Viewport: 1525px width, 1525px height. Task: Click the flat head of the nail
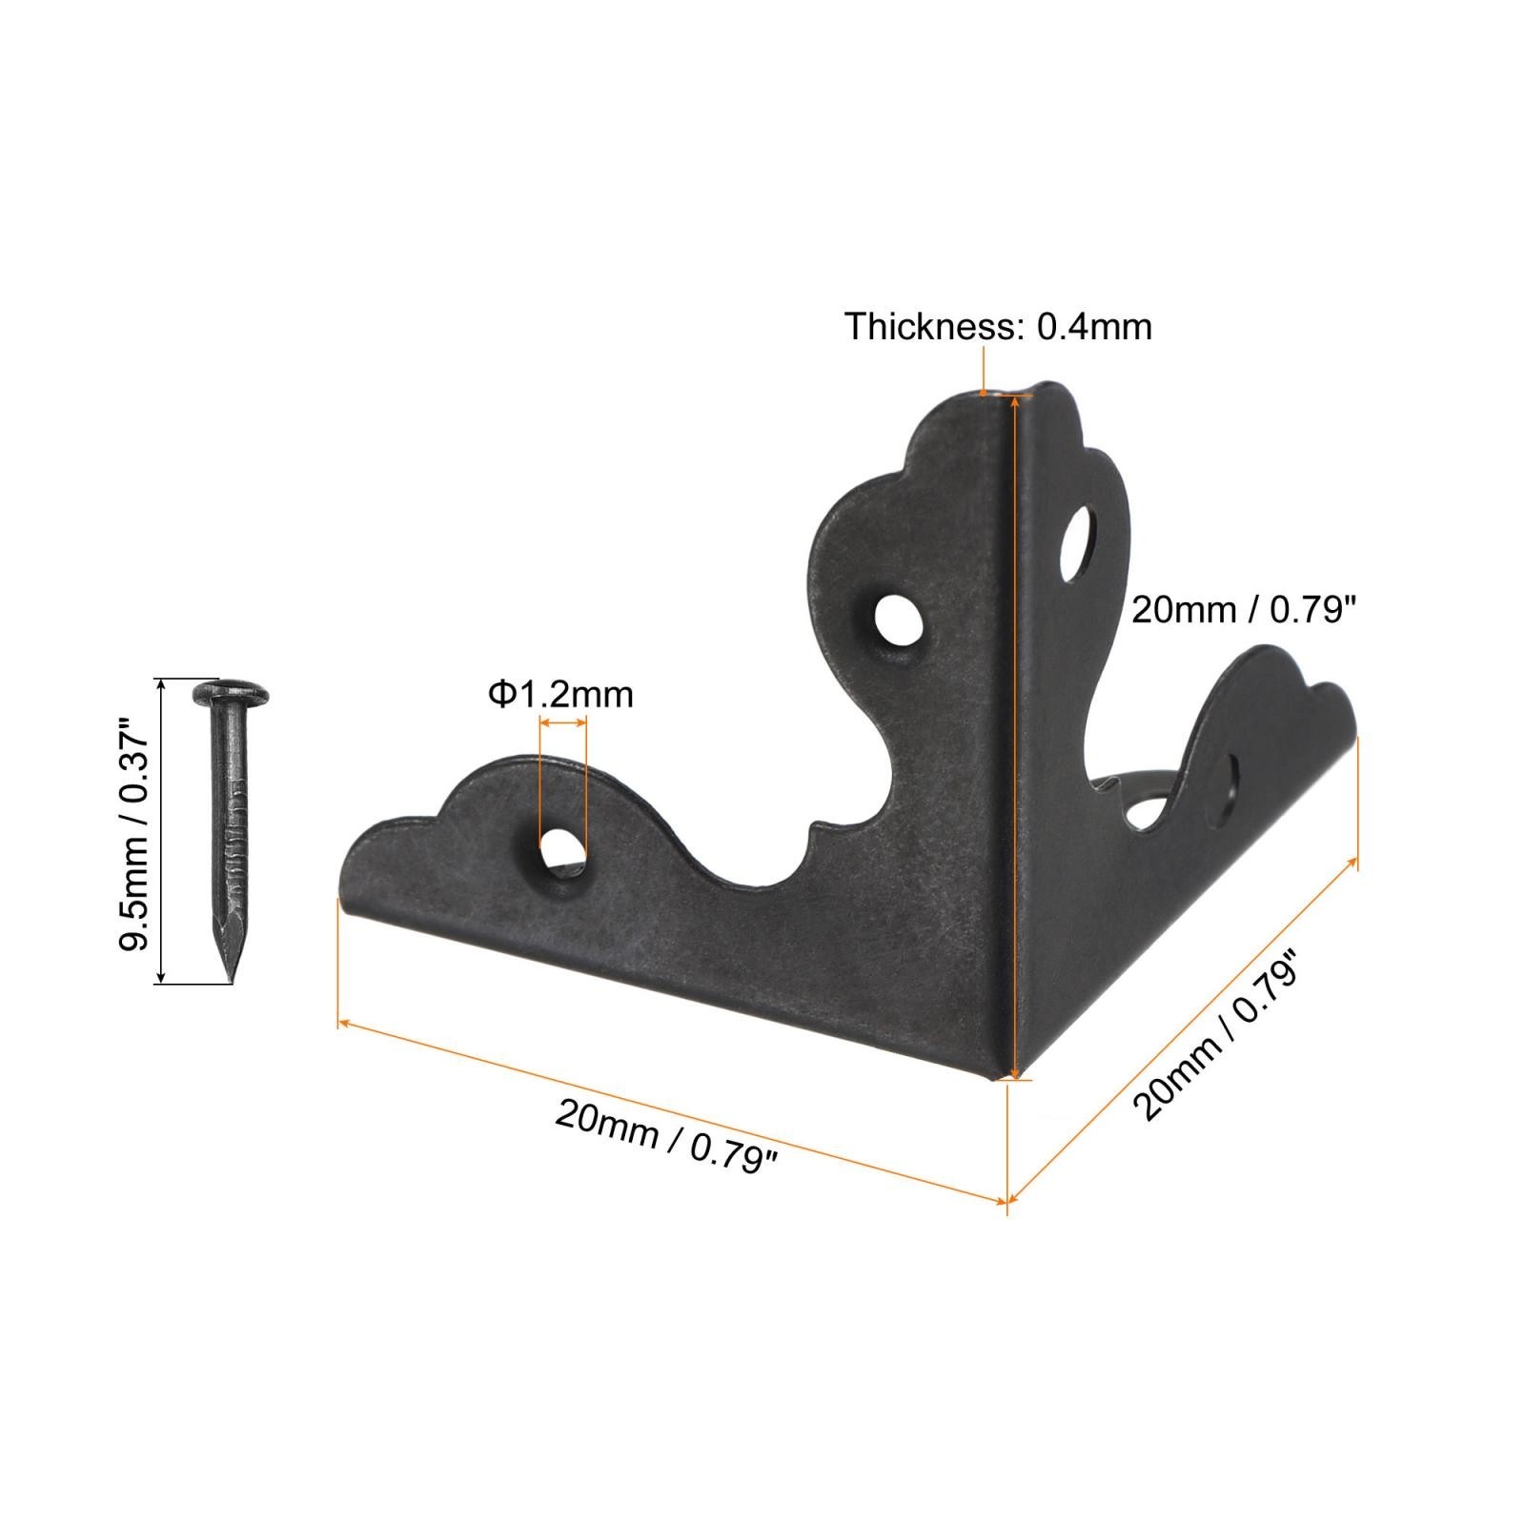[231, 689]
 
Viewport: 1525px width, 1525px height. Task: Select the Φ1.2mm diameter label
[560, 694]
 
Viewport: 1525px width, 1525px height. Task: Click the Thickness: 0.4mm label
[998, 326]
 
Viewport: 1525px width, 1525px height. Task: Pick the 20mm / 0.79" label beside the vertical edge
[1243, 609]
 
